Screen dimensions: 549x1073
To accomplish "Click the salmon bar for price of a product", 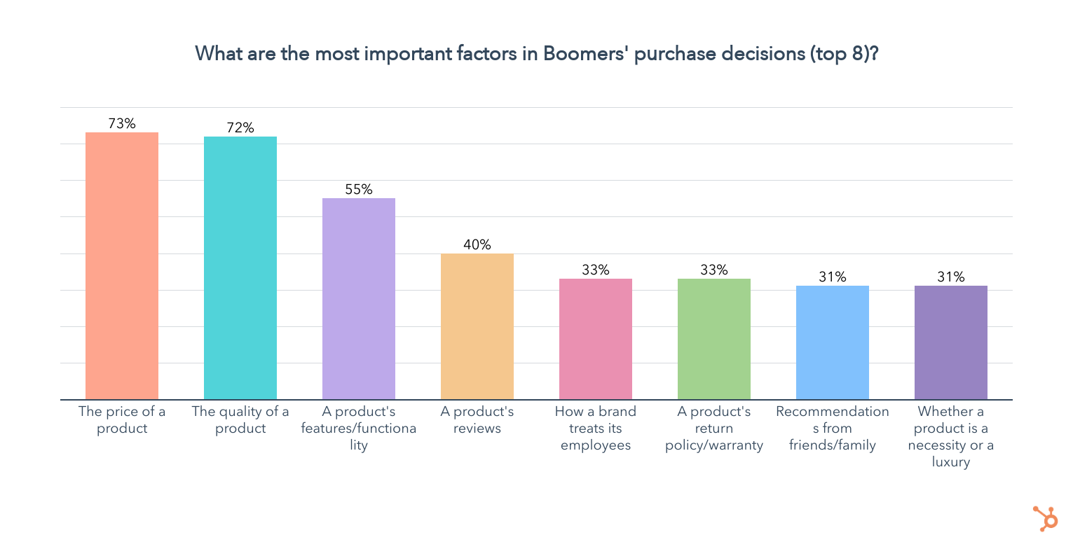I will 122,266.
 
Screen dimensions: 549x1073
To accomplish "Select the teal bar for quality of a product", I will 240,268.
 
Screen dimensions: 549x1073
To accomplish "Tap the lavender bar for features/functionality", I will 359,299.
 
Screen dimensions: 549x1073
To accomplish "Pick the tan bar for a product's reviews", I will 477,326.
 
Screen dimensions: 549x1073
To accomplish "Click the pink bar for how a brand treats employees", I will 596,339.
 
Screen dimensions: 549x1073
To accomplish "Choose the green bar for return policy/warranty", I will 714,339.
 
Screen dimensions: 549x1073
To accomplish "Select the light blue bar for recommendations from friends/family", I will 833,342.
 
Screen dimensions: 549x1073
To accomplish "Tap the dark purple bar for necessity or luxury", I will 951,342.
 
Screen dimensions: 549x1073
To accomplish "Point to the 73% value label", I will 122,123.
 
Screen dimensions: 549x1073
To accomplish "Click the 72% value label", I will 240,127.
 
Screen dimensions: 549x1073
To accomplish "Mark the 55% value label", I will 359,189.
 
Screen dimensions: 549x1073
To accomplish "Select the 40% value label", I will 477,244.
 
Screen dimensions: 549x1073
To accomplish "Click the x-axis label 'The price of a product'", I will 122,420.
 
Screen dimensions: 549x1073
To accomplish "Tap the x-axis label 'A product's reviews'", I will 477,420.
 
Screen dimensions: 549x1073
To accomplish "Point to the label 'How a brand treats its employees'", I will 596,429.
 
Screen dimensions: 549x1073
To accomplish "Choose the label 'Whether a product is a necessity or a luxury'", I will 951,437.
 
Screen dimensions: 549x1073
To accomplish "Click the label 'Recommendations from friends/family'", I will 833,429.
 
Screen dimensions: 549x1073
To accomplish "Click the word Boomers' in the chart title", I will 587,54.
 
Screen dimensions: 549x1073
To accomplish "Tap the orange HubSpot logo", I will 1046,519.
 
